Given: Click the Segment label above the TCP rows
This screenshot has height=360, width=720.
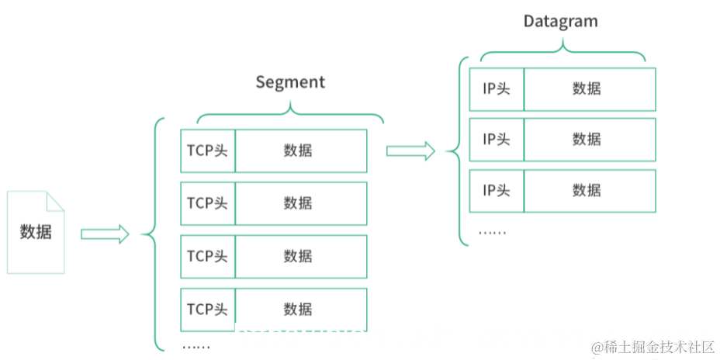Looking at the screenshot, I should [290, 82].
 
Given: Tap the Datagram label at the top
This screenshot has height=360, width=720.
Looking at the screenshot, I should [560, 21].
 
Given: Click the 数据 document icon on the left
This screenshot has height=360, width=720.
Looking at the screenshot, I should [36, 232].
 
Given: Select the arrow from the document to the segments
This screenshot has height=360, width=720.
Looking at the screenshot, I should [105, 234].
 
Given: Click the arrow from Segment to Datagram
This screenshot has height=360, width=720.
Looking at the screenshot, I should [410, 151].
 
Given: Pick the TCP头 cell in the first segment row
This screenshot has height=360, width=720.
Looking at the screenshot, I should [208, 151].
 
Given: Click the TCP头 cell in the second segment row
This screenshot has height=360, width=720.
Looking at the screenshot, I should [208, 203].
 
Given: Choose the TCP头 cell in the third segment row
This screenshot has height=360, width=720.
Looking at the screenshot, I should [208, 256].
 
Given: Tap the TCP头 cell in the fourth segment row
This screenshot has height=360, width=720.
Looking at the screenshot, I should [208, 309].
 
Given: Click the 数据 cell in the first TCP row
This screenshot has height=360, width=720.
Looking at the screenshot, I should [300, 151].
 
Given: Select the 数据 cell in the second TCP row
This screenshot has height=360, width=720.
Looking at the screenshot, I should [300, 203].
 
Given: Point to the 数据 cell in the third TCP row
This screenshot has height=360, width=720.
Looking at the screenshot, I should [300, 256].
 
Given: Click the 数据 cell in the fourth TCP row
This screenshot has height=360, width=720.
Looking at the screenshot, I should [300, 309].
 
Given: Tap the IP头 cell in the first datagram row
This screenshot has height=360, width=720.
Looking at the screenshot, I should [497, 89].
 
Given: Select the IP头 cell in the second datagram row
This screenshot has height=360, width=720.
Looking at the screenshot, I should [497, 140].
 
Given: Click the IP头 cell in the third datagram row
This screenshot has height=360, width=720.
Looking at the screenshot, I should [497, 190].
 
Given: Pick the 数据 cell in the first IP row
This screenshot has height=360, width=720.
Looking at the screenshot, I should [589, 89].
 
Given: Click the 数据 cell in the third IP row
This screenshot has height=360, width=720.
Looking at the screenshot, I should [589, 190].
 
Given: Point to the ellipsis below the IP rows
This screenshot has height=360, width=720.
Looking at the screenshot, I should [491, 232].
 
